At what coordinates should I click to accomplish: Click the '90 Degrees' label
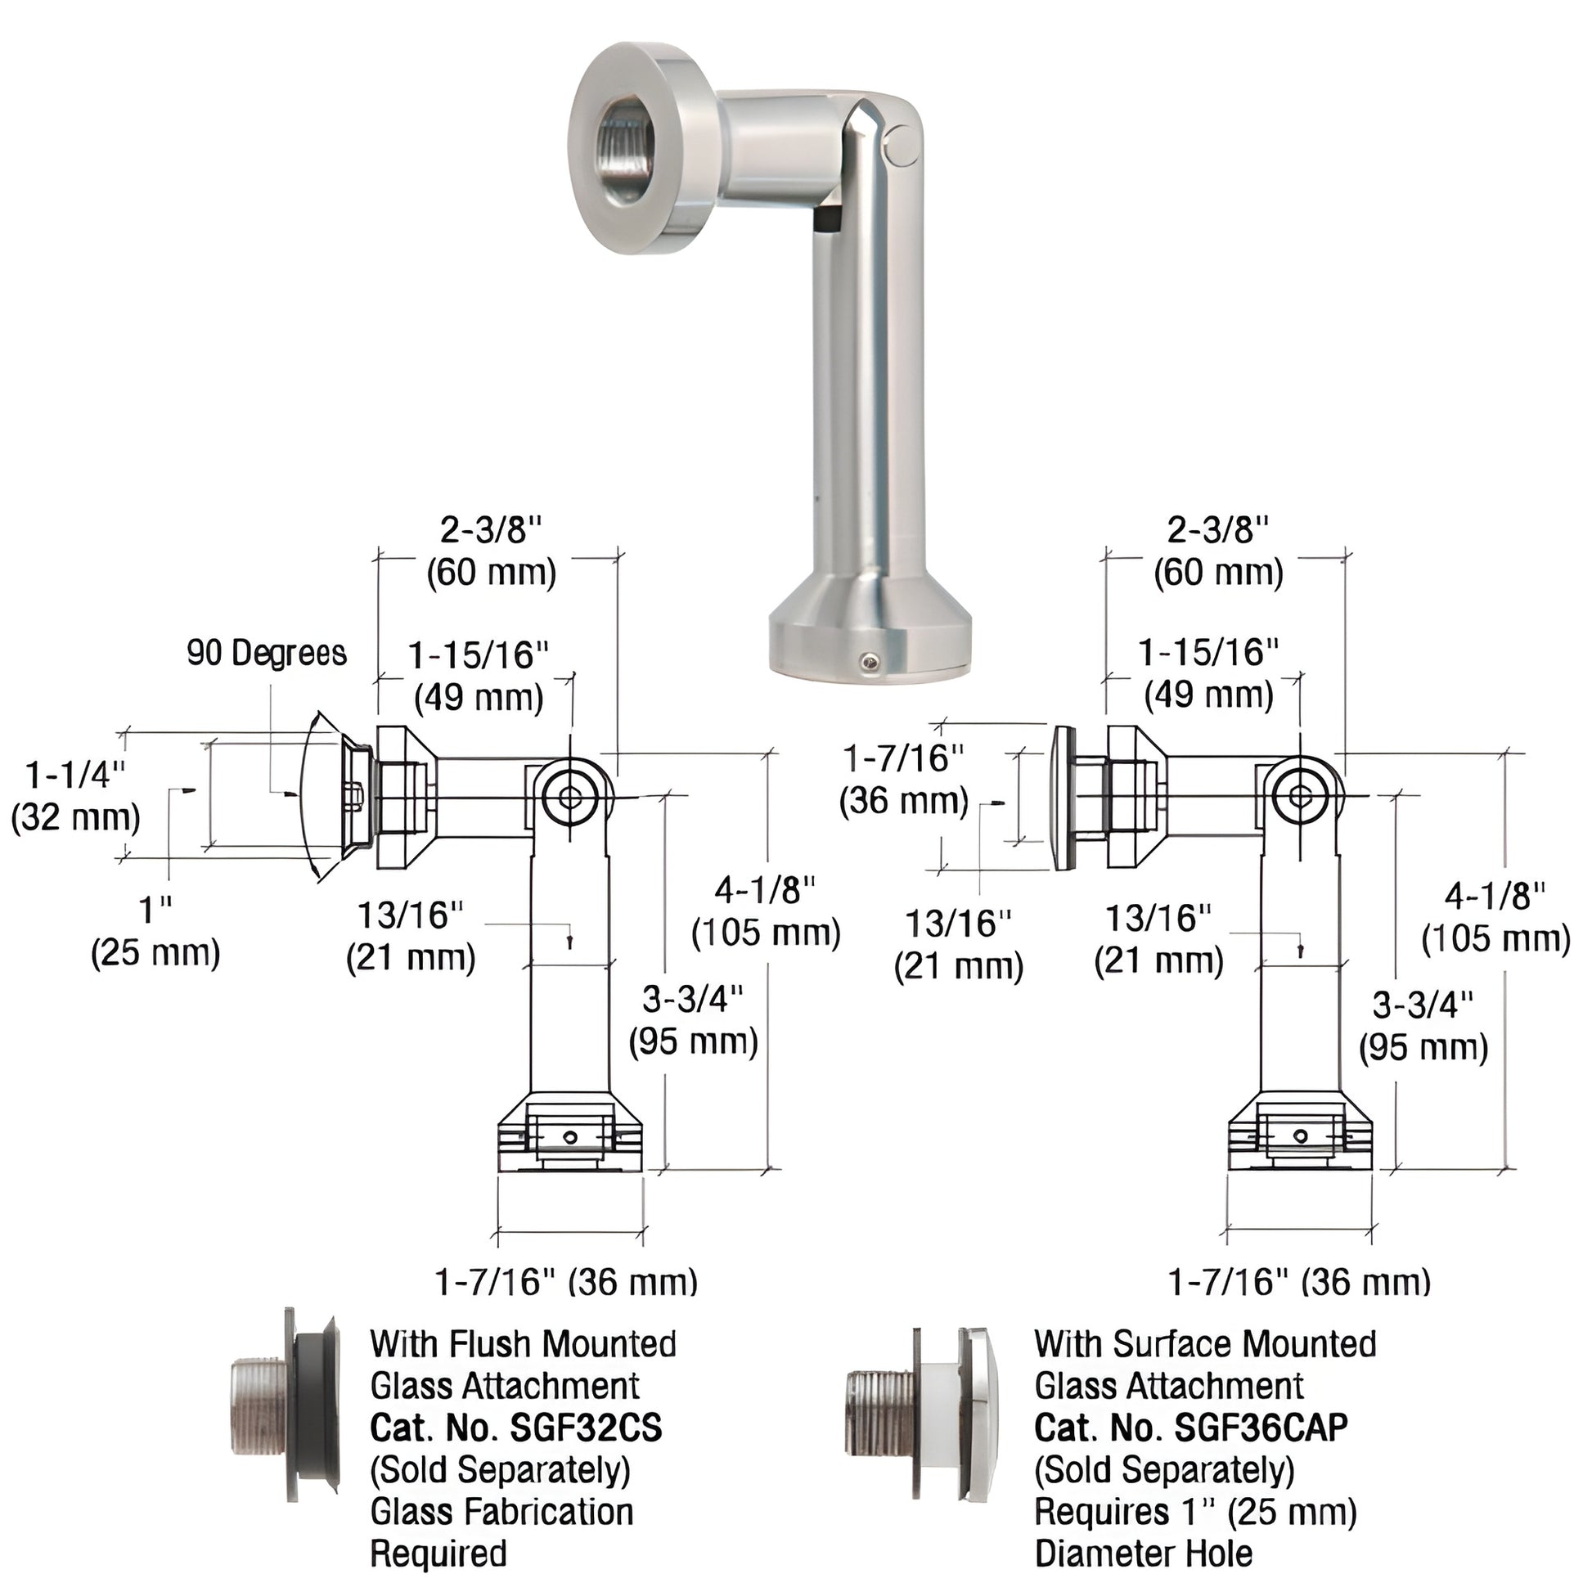(266, 653)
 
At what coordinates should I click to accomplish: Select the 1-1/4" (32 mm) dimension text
(76, 796)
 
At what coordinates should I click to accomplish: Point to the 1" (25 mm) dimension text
(155, 932)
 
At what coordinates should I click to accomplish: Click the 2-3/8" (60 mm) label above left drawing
(491, 551)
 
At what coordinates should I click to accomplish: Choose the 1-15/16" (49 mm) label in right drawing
(1208, 674)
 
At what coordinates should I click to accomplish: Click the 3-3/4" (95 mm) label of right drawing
(1423, 1026)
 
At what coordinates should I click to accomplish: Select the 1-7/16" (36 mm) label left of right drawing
(904, 779)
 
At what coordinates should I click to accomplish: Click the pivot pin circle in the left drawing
(570, 796)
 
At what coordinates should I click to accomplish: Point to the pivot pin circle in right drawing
(1300, 796)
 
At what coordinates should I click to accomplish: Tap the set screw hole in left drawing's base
(570, 1137)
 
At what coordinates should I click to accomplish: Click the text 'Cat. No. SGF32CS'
(516, 1428)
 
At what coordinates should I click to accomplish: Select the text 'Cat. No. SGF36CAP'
(1190, 1428)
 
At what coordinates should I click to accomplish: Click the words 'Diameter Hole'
(1143, 1554)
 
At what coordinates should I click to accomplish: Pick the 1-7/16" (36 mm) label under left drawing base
(566, 1281)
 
